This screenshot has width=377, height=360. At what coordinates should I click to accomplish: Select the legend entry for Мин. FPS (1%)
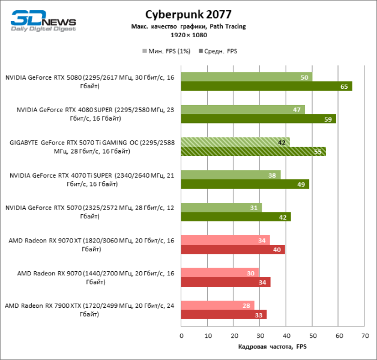(x=167, y=51)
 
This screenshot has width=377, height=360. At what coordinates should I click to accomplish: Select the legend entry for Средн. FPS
(x=219, y=51)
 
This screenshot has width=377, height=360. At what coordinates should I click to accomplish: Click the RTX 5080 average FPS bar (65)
(x=266, y=86)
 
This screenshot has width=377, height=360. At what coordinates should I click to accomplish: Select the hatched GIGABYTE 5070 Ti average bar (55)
(x=253, y=151)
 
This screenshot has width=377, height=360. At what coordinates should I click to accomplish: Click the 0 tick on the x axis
(x=181, y=336)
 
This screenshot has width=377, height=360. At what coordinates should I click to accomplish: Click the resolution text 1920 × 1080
(x=188, y=36)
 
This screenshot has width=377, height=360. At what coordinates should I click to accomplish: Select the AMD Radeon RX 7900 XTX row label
(x=90, y=310)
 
